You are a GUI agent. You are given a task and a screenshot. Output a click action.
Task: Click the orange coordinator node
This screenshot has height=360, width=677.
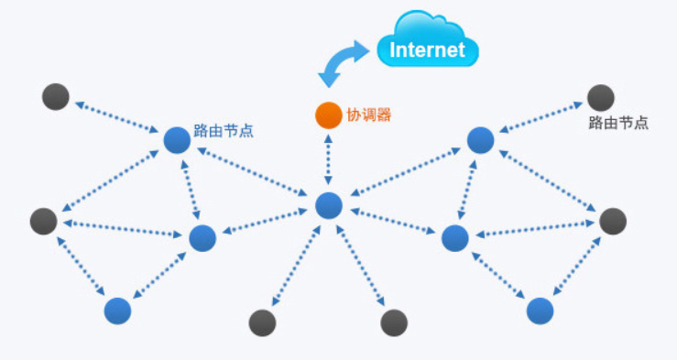click(x=328, y=115)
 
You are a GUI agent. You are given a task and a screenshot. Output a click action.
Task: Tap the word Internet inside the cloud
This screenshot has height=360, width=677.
click(x=427, y=49)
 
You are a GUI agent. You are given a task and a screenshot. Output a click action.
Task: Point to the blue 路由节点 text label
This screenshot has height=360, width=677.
click(x=224, y=131)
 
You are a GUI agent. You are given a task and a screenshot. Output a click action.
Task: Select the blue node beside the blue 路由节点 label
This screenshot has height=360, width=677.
click(x=177, y=140)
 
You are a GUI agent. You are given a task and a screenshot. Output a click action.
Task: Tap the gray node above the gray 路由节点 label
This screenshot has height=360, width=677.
click(x=600, y=96)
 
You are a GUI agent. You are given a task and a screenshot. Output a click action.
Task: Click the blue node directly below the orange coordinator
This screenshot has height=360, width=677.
click(x=328, y=206)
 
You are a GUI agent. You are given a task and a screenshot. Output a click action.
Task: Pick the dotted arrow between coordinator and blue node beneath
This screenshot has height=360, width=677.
click(x=328, y=160)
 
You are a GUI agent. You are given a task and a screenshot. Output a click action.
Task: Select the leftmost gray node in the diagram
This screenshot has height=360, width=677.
click(x=43, y=221)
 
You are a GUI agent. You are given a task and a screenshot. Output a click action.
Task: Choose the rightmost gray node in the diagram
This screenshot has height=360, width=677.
click(x=612, y=221)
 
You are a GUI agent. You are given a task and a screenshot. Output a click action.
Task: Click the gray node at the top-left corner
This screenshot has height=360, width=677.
click(x=56, y=95)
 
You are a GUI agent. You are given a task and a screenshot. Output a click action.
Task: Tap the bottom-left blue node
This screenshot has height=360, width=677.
click(x=117, y=311)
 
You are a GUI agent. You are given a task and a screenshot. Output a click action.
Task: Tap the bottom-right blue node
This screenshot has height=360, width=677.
click(x=541, y=311)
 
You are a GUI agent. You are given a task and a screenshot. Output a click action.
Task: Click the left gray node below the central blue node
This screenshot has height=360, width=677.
click(x=262, y=322)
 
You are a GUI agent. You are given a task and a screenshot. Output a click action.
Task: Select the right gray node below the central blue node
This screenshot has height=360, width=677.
click(x=394, y=322)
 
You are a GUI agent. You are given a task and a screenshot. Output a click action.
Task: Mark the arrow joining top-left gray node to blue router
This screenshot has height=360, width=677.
click(x=116, y=118)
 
